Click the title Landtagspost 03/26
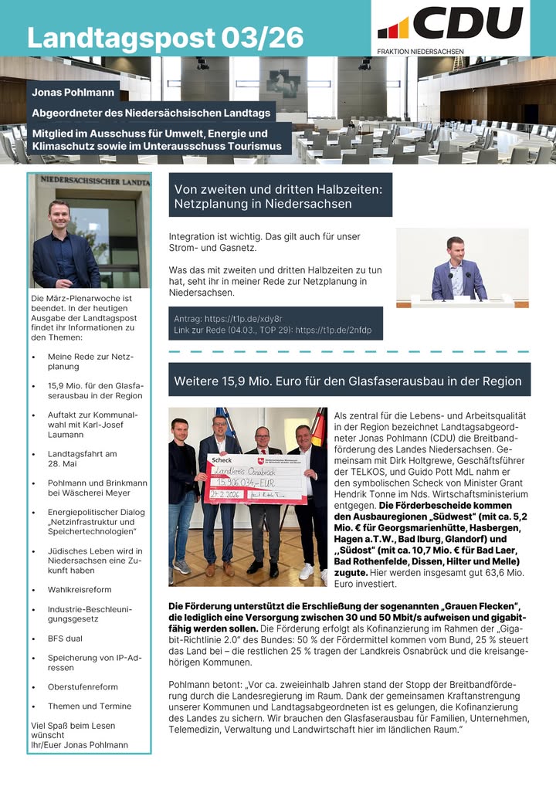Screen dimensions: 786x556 pos(165,37)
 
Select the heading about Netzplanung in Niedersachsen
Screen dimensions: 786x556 pos(280,195)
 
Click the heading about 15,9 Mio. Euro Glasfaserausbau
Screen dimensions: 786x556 pos(347,381)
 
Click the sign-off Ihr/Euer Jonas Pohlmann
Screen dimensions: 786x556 pos(80,744)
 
